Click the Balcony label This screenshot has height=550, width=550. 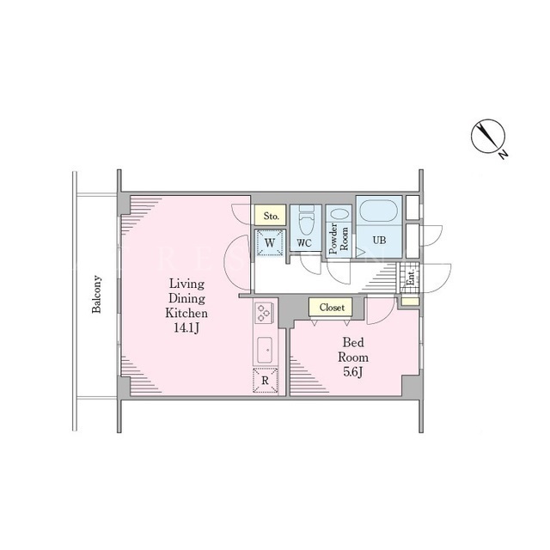pos(96,294)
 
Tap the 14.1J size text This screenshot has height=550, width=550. pos(186,328)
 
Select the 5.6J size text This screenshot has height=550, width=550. pos(353,372)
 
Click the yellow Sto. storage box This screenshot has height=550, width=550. pos(271,215)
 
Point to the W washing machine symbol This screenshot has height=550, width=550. pos(269,242)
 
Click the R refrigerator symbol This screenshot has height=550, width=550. pos(266,380)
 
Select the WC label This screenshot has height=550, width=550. pos(304,242)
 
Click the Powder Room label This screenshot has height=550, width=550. pos(339,238)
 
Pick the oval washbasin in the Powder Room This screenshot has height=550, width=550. pos(340,215)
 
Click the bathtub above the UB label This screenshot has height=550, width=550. pos(379,211)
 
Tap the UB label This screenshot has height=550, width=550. pos(379,241)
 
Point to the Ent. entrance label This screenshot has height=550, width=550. pos(411,277)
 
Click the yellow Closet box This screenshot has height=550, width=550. pos(331,308)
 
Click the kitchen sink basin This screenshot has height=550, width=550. pos(265,350)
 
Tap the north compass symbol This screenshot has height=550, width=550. pos(487,136)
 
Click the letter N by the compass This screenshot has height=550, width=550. pos(504,155)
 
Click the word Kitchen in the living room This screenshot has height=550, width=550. pos(186,313)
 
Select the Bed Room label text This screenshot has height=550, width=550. pos(353,350)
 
